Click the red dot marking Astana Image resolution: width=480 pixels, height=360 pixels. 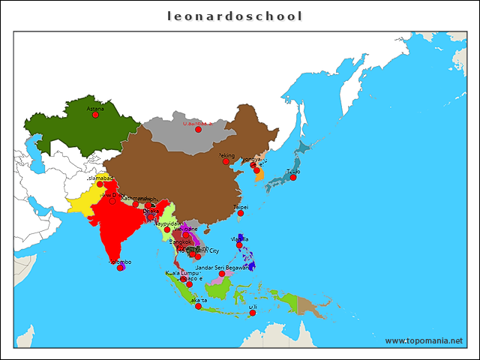point(95,115)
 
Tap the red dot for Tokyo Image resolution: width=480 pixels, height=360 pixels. point(293,177)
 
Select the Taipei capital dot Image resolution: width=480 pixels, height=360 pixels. point(241,213)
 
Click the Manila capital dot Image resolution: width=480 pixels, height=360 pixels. point(239,245)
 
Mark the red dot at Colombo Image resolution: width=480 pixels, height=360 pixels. point(120,268)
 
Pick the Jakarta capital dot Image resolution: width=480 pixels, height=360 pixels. point(198,306)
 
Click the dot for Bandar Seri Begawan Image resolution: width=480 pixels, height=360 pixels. point(222,274)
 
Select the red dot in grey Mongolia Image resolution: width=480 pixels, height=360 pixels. point(198,130)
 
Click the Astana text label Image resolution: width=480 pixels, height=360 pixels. point(95,108)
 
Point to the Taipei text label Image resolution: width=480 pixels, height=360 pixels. point(241,206)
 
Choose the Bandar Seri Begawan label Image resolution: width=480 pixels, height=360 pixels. point(222,267)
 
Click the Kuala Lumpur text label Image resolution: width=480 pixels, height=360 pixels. point(182,273)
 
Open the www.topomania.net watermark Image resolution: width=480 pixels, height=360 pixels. point(424,340)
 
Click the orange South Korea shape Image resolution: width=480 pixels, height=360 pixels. point(259,174)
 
